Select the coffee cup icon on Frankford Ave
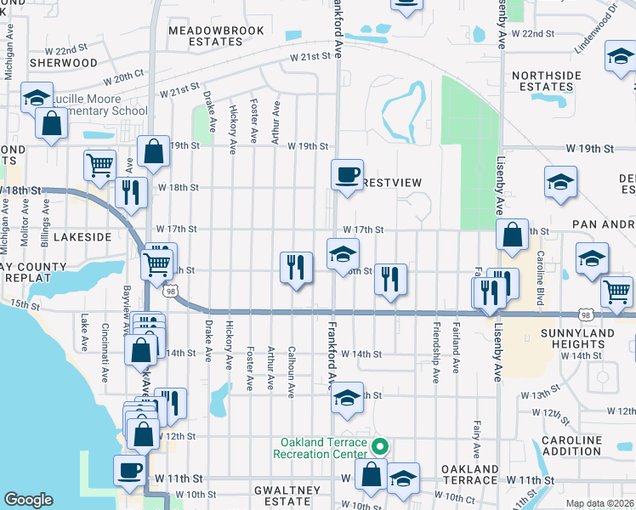pyautogui.click(x=346, y=175)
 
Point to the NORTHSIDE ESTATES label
pyautogui.click(x=542, y=81)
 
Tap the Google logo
pyautogui.click(x=28, y=499)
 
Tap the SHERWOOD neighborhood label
pyautogui.click(x=63, y=63)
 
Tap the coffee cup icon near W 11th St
pyautogui.click(x=129, y=469)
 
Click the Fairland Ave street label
pyautogui.click(x=457, y=354)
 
